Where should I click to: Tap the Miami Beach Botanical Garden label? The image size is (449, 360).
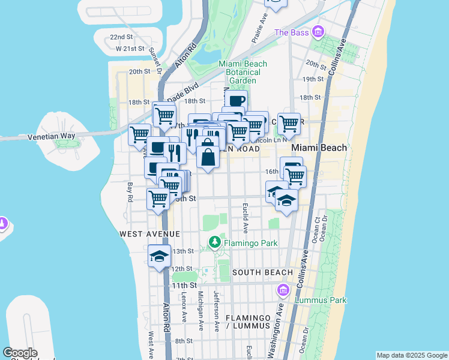point(238,72)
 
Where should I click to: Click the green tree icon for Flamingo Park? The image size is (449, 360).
point(214,242)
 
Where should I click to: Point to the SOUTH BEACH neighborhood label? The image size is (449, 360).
point(262,272)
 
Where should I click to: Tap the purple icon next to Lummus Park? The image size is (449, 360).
point(283,291)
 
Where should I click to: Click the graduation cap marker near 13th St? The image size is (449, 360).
point(158,256)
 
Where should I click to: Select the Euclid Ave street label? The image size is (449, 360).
point(245,217)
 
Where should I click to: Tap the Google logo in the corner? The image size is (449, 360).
point(20,353)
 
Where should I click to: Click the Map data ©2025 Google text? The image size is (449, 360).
point(411,355)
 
